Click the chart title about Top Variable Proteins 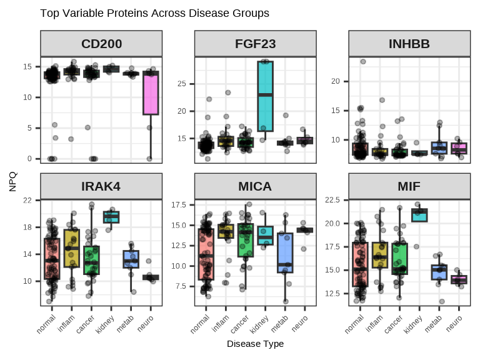pos(154,13)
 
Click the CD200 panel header pos(101,44)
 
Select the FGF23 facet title pos(255,44)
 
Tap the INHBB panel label pos(409,44)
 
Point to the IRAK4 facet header pos(101,186)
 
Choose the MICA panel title pos(255,186)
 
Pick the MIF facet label pos(409,186)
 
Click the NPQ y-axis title pos(14,182)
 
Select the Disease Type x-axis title pos(255,344)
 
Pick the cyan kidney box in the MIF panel pos(419,215)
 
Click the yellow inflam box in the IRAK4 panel pos(72,248)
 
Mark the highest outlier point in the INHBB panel pos(362,61)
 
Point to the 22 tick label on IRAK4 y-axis pos(28,200)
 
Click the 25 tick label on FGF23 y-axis pos(182,84)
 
